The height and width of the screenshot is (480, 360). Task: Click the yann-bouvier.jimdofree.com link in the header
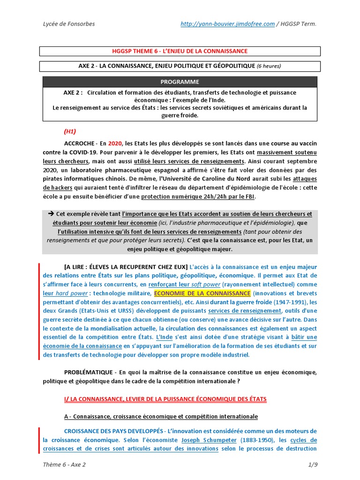227,24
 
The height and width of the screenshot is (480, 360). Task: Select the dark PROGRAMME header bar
180,82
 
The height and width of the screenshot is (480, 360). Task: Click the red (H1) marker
70,131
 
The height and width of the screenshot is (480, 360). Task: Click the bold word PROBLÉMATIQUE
88,372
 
